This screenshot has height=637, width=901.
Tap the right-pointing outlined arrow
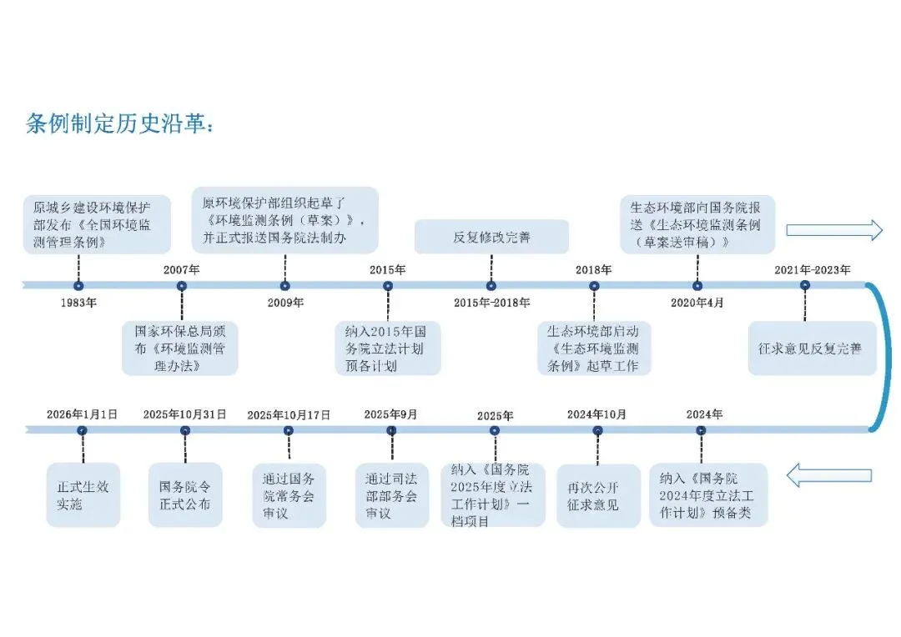pos(833,229)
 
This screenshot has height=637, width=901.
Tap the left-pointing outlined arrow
pos(833,475)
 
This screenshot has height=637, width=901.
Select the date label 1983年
pos(78,303)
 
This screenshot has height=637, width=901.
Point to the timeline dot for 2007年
pos(182,286)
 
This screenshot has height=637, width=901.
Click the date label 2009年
pos(285,303)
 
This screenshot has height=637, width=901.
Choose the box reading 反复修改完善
pos(491,237)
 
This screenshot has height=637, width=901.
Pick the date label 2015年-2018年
pos(491,303)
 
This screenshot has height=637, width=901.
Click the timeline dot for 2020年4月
pos(697,286)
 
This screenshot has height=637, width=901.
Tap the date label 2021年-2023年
pos(812,269)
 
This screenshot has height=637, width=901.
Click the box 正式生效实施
pos(83,495)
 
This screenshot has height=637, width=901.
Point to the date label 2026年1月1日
pos(82,414)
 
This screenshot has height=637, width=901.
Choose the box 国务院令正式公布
pos(185,495)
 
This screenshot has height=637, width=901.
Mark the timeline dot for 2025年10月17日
pos(289,431)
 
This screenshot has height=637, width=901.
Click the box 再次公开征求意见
pos(598,496)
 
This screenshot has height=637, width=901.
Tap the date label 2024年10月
pos(597,414)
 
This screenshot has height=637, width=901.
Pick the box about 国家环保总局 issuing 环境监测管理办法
pos(180,348)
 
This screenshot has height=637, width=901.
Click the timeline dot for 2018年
pos(594,286)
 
